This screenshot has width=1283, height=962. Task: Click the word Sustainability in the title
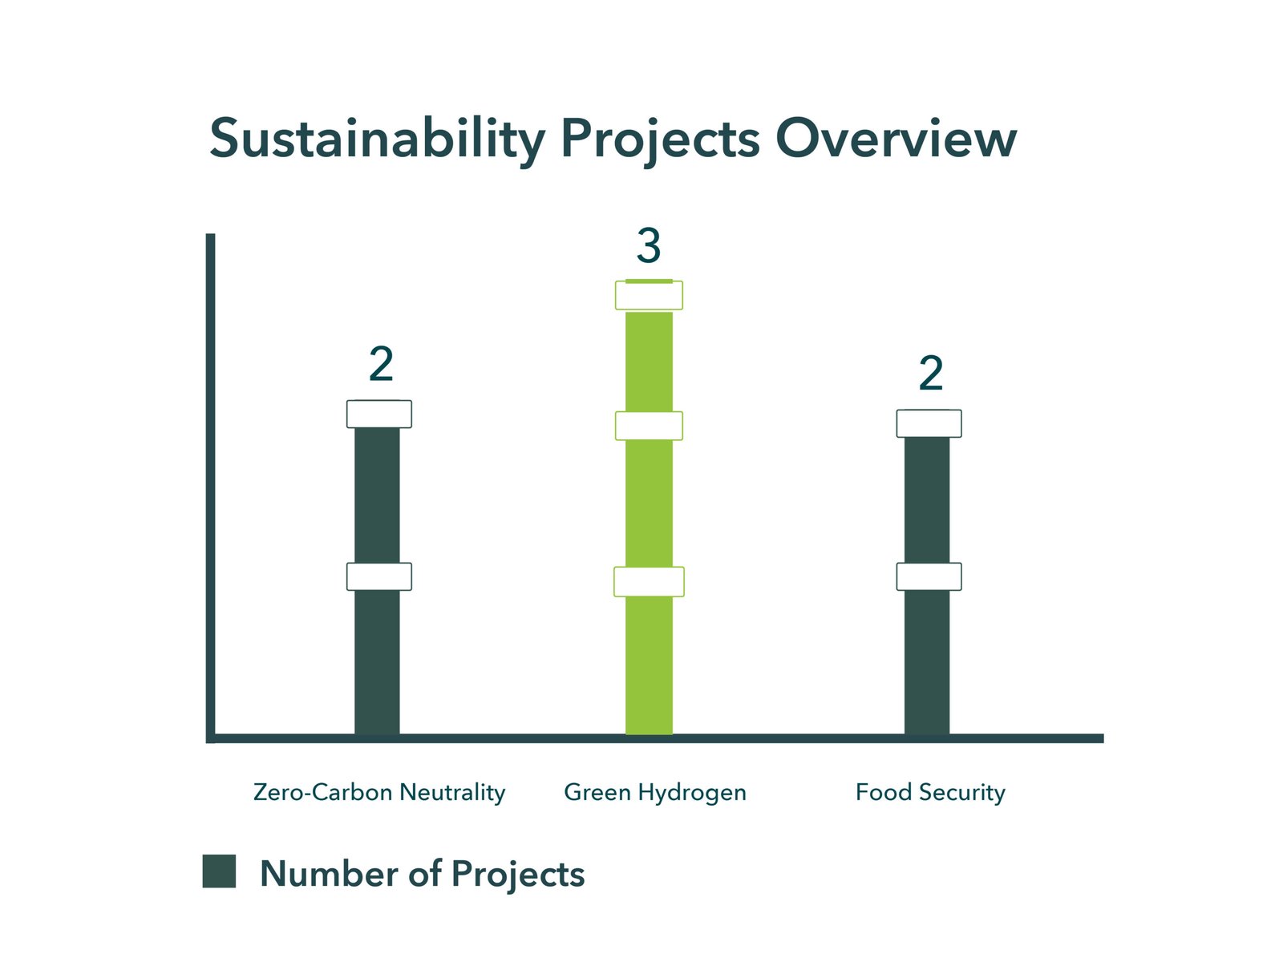(x=377, y=139)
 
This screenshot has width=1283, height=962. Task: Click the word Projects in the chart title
(x=660, y=139)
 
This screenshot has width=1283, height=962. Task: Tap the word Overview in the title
(x=896, y=138)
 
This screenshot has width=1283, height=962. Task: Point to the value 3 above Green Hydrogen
(x=648, y=245)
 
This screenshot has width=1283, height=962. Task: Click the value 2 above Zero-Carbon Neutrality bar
(x=381, y=363)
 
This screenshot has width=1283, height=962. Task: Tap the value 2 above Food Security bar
(x=930, y=373)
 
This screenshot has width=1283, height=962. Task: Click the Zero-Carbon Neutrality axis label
(x=378, y=793)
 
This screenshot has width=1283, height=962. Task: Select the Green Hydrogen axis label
(x=654, y=793)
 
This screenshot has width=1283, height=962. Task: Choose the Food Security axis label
(x=930, y=793)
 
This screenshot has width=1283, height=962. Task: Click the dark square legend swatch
(x=219, y=871)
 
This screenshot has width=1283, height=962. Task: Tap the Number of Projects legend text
(x=422, y=875)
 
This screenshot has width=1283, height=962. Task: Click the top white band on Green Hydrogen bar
(x=649, y=296)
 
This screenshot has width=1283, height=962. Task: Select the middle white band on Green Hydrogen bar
(x=649, y=426)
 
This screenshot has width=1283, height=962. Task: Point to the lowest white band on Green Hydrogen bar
(x=649, y=582)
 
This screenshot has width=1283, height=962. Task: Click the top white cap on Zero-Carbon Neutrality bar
(x=378, y=414)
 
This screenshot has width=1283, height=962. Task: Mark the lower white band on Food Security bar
(x=929, y=576)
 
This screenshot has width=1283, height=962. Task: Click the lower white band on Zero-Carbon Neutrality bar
(x=378, y=576)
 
